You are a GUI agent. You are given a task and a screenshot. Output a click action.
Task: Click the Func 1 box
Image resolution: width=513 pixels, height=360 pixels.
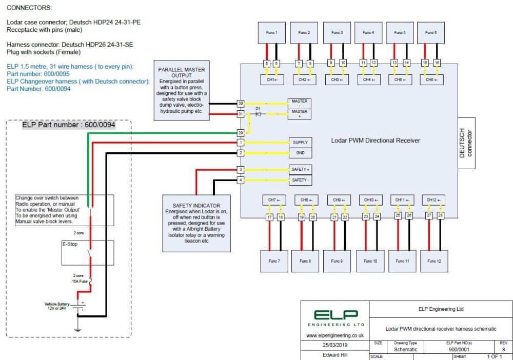[x=272, y=33]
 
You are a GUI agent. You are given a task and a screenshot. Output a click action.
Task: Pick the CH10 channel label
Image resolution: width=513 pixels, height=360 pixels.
[x=369, y=199]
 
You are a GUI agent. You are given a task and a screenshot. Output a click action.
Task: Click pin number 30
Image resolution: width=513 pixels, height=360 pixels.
[x=241, y=103]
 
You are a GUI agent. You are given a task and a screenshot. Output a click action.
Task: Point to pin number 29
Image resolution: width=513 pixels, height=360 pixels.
[x=241, y=133]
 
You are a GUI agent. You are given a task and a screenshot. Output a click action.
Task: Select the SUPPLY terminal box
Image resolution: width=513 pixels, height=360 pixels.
[x=300, y=142]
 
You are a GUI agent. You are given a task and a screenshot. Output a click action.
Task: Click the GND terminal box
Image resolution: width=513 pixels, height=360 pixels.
[x=300, y=153]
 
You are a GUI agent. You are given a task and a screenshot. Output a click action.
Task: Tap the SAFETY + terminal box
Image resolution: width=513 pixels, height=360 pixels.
[x=300, y=169]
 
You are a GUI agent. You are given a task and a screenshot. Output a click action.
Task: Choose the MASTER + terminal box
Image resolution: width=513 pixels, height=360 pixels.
[x=300, y=114]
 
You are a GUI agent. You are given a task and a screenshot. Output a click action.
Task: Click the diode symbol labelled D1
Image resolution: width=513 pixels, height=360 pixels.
[x=258, y=114]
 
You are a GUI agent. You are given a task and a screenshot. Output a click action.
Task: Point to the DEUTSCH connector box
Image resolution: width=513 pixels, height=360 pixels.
[x=467, y=143]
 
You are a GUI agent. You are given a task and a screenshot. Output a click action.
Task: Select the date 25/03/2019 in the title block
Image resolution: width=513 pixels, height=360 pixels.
[x=334, y=346]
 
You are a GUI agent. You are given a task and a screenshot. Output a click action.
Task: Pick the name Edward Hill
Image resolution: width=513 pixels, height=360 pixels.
[x=334, y=355]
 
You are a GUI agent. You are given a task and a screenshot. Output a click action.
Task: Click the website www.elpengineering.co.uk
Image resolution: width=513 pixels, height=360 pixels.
[x=335, y=335]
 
